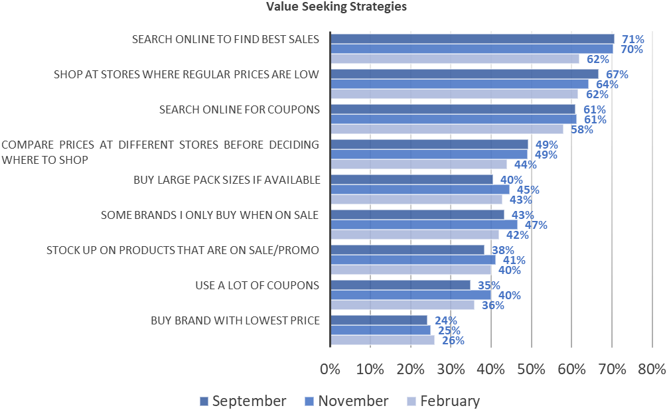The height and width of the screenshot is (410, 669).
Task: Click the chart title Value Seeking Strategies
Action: coord(336,7)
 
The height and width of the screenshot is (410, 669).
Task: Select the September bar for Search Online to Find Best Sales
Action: coord(472,38)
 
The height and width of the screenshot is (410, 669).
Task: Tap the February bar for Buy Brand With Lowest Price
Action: coord(382,340)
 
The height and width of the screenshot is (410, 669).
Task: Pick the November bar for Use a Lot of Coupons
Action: coord(410,295)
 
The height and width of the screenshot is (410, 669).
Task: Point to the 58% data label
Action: coord(581,129)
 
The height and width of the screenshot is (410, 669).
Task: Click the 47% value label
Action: coord(536,225)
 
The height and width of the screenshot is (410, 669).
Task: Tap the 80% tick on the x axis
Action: coord(651,368)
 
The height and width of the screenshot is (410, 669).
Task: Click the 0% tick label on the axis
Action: coord(330,368)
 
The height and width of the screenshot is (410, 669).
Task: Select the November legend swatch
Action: coord(309,401)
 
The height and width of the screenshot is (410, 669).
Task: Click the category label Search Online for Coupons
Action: coord(239,109)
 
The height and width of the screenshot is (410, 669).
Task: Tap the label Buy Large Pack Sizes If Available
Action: coord(227,180)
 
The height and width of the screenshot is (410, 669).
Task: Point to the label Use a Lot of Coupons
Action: coord(258,285)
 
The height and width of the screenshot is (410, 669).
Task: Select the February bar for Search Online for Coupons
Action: coord(447,129)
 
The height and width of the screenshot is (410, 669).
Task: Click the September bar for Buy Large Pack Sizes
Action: coord(411,179)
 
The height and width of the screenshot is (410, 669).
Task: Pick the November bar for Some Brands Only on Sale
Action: coord(423,225)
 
